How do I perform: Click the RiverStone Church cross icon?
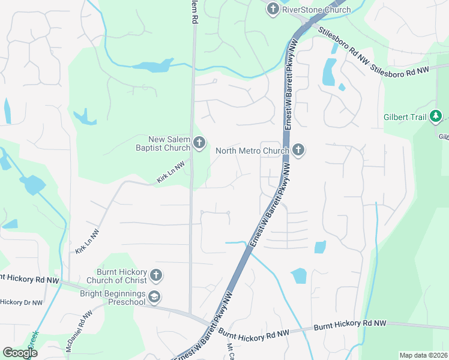point(273,9)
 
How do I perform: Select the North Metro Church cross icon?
point(298,150)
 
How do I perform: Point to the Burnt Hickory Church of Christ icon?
point(155,275)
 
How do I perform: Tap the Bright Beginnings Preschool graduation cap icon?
point(155,297)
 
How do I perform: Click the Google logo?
point(20,353)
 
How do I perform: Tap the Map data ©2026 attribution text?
point(423,355)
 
